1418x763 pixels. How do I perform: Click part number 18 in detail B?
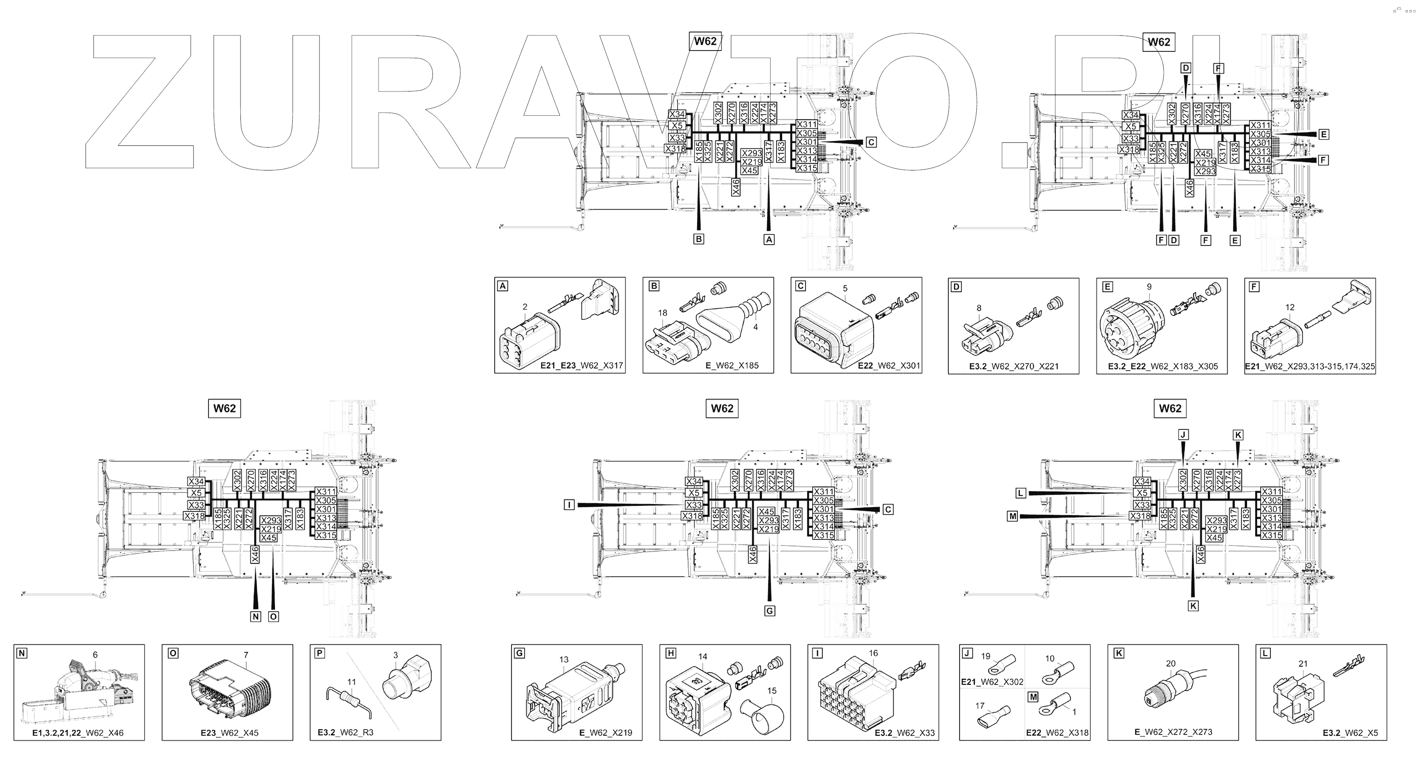pos(662,313)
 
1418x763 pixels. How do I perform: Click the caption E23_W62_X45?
pos(230,733)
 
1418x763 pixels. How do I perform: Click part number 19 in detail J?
pos(985,656)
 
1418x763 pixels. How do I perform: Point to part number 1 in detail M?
pos(1074,712)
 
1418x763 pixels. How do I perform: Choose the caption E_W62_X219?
pos(606,733)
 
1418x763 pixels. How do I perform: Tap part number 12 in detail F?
pos(1290,307)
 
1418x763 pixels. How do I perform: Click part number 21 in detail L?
pos(1302,663)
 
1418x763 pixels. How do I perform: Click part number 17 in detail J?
pos(980,705)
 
